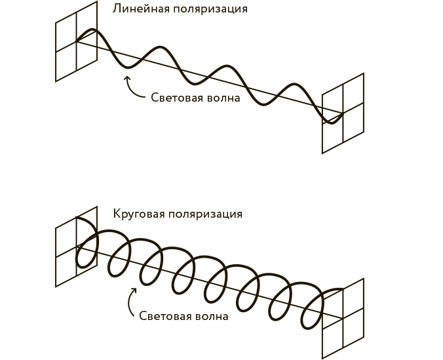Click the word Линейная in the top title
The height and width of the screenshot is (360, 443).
(x=137, y=9)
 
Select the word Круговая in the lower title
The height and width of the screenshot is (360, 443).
(x=139, y=214)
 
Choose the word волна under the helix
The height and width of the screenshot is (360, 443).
(x=212, y=315)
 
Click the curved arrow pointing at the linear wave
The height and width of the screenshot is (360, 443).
(x=133, y=87)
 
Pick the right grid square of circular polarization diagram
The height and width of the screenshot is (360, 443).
(x=343, y=318)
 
